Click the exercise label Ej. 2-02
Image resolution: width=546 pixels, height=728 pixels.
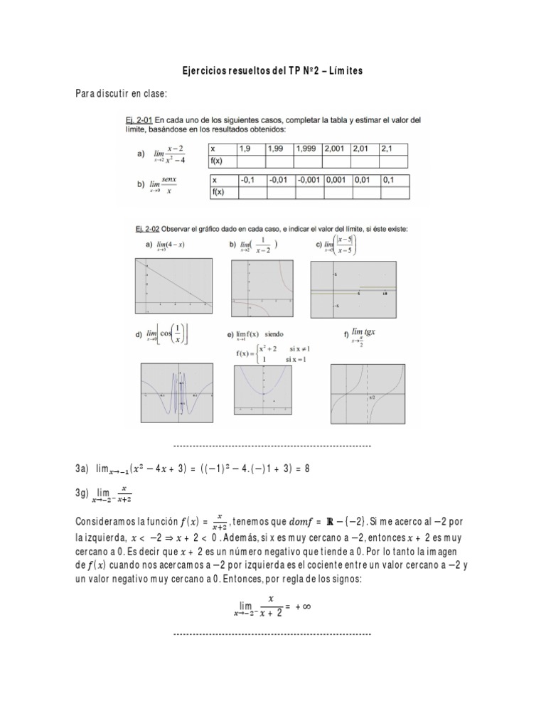tap(134, 228)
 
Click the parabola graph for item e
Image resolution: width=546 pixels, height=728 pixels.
tap(264, 390)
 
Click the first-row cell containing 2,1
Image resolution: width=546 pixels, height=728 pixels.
tap(395, 149)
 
